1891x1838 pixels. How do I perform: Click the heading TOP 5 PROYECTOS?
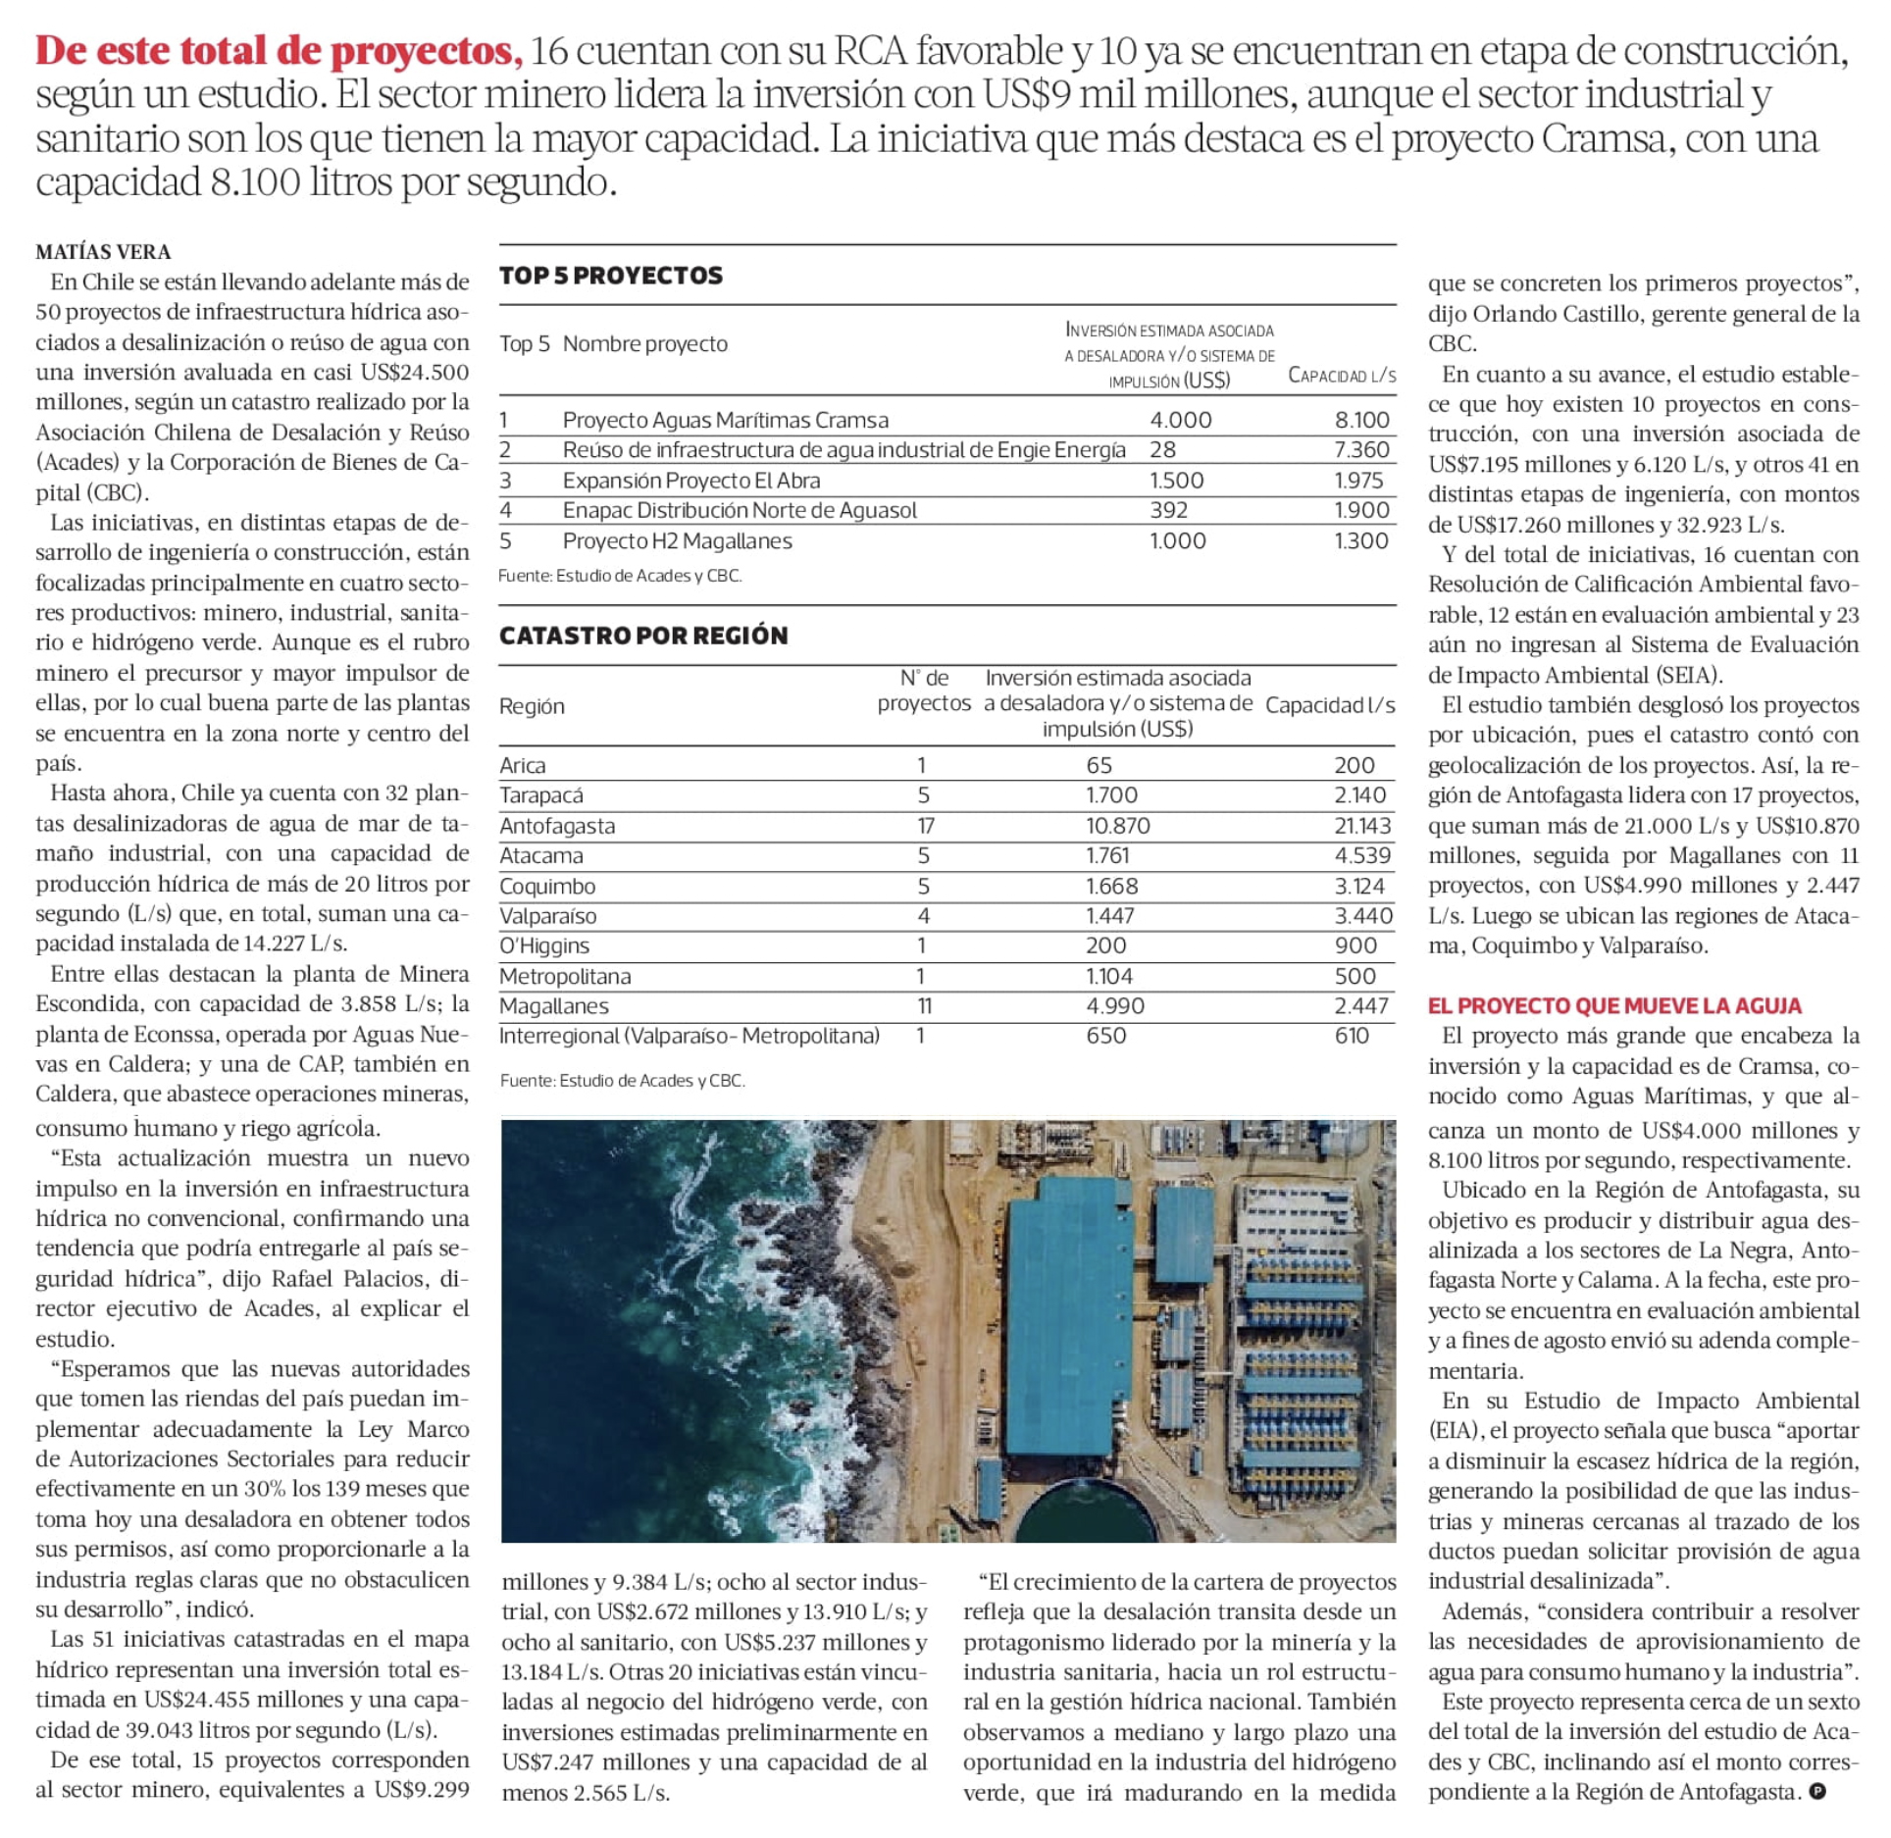(610, 276)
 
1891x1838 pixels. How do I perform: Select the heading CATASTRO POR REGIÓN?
(643, 636)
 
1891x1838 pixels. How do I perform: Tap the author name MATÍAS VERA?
(103, 252)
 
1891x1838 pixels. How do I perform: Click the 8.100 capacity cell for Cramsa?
(1361, 420)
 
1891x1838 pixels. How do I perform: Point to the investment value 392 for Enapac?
(1168, 510)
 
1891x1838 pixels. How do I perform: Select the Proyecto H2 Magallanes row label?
(677, 540)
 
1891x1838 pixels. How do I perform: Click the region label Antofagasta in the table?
(557, 826)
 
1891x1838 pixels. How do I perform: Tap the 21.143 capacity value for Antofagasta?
(1362, 826)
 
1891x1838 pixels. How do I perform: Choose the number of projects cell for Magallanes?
(924, 1005)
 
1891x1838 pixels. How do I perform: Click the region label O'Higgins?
(544, 945)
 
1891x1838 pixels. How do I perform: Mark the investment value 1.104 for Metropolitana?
(1108, 976)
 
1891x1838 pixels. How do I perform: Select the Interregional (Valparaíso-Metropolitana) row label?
(689, 1036)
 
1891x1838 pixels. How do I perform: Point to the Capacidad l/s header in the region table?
(1330, 705)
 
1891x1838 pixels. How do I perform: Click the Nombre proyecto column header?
(644, 343)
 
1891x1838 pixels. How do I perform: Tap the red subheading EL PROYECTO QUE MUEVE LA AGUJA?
(1614, 1005)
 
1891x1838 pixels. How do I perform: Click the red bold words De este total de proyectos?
(280, 51)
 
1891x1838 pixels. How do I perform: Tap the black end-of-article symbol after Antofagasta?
(1817, 1792)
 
